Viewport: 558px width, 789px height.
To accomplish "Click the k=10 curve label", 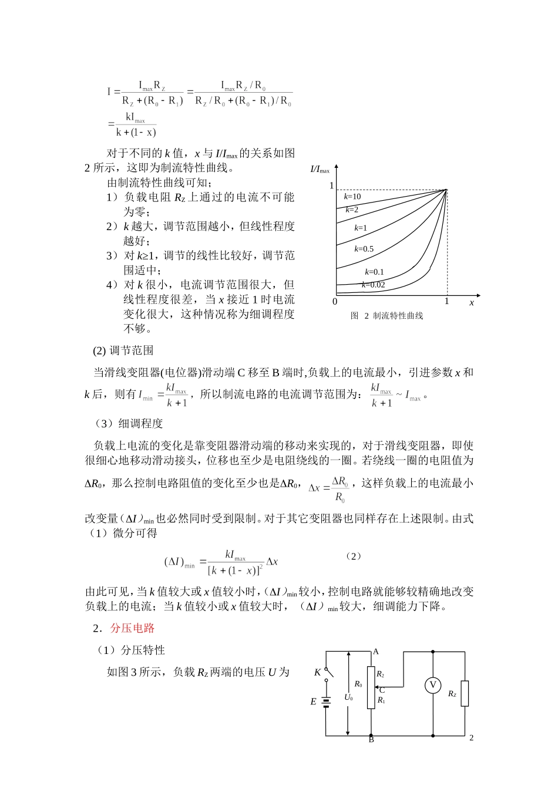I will click(352, 197).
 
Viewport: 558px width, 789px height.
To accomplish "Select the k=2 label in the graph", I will click(352, 210).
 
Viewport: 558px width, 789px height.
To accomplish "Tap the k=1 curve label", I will click(361, 228).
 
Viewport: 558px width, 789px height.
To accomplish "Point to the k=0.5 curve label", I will click(364, 249).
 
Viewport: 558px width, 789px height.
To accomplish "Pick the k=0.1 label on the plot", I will click(374, 272).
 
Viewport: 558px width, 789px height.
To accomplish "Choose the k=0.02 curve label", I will click(373, 285).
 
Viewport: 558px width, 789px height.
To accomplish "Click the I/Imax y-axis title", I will click(320, 170).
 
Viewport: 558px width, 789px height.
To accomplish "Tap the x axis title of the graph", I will click(472, 303).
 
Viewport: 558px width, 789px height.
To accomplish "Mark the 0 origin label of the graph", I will click(335, 302).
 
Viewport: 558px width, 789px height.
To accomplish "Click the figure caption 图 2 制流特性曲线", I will click(386, 316).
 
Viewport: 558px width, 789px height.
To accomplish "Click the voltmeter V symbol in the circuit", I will click(433, 685).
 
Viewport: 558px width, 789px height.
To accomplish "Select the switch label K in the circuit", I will click(318, 673).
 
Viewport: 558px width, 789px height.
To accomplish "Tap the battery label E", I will click(313, 702).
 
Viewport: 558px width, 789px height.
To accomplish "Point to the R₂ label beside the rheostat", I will click(381, 675).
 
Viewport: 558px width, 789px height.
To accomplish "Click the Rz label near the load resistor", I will click(452, 694).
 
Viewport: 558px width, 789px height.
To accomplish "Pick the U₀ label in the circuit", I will click(348, 697).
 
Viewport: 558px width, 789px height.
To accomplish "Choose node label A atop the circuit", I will click(376, 652).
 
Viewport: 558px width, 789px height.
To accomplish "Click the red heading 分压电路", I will click(132, 628).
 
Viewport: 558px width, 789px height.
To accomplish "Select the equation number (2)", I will click(353, 556).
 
